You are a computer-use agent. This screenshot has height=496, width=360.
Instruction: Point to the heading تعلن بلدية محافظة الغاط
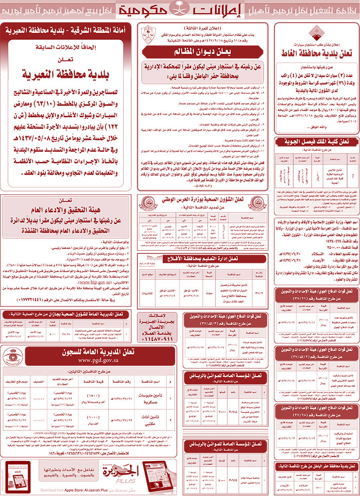coord(315,54)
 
